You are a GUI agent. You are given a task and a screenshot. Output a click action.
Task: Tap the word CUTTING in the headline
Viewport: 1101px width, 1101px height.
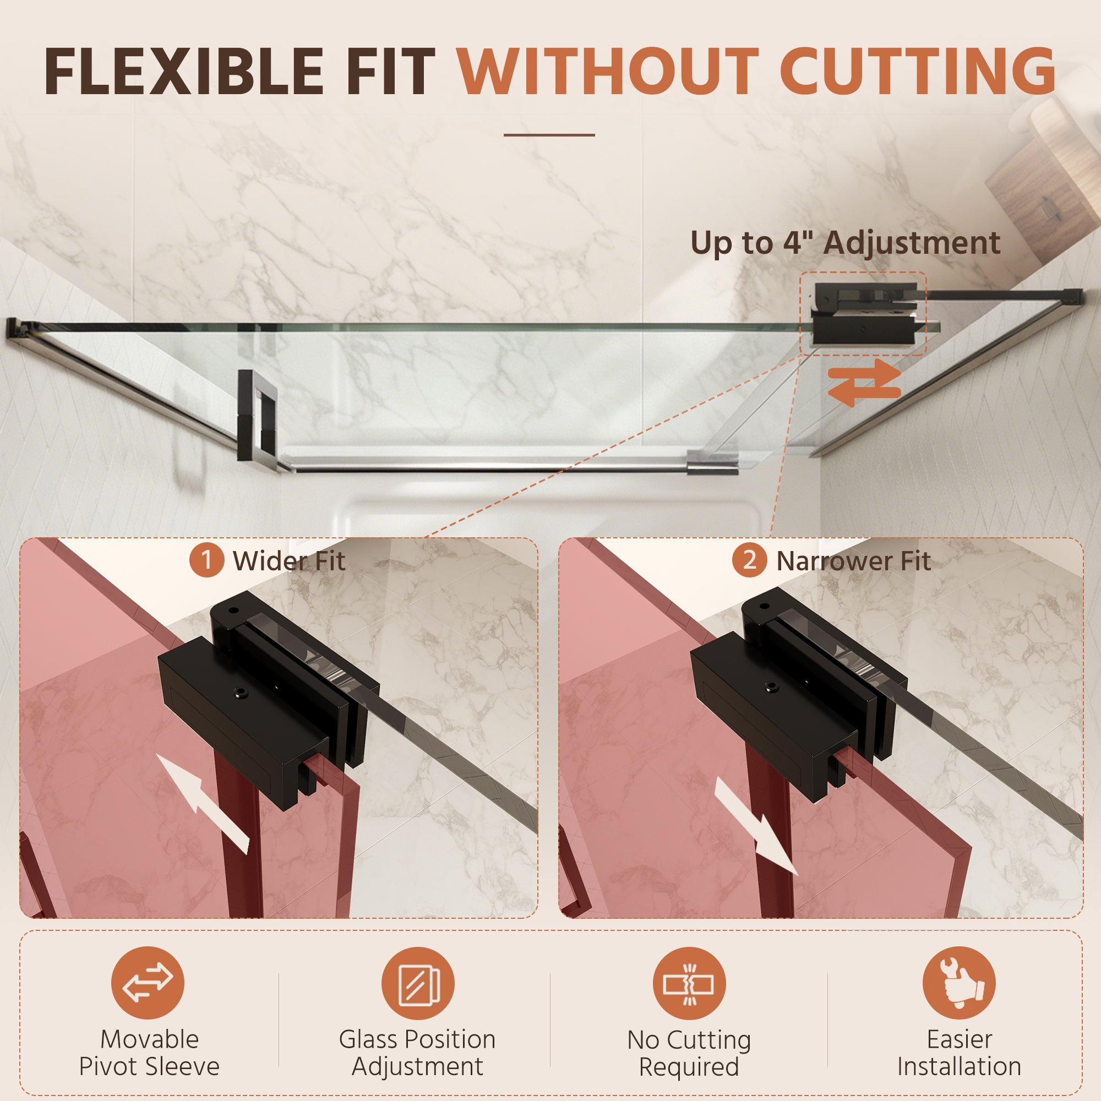(922, 71)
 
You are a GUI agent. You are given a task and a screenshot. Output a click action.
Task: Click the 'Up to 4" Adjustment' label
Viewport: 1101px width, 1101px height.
(845, 243)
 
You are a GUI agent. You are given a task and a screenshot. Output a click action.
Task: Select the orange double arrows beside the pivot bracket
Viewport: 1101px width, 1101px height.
(864, 383)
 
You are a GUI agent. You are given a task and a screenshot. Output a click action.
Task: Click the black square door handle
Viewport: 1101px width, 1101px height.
(258, 421)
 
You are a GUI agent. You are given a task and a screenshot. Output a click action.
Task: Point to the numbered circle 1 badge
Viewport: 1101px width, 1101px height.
(206, 560)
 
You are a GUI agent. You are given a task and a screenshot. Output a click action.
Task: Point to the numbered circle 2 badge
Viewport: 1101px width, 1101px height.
(749, 560)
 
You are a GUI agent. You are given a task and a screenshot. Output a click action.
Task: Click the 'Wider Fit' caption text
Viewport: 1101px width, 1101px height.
(289, 562)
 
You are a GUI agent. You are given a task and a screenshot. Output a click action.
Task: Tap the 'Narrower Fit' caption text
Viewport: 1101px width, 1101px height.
(854, 562)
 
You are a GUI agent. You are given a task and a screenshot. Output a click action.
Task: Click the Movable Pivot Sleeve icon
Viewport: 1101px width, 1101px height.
(148, 983)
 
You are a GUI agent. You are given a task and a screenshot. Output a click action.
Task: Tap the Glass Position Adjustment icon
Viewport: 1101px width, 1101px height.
(418, 983)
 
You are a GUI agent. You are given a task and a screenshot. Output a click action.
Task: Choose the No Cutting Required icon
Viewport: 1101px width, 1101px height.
(689, 983)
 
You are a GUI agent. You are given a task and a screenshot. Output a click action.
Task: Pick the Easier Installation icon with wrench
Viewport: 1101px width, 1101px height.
(959, 983)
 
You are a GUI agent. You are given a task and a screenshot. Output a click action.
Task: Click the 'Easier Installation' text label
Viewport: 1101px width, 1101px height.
(960, 1053)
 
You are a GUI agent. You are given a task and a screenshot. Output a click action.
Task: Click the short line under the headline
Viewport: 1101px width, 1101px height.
(549, 135)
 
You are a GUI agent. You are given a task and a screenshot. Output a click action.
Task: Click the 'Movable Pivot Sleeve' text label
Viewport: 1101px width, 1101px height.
(149, 1053)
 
